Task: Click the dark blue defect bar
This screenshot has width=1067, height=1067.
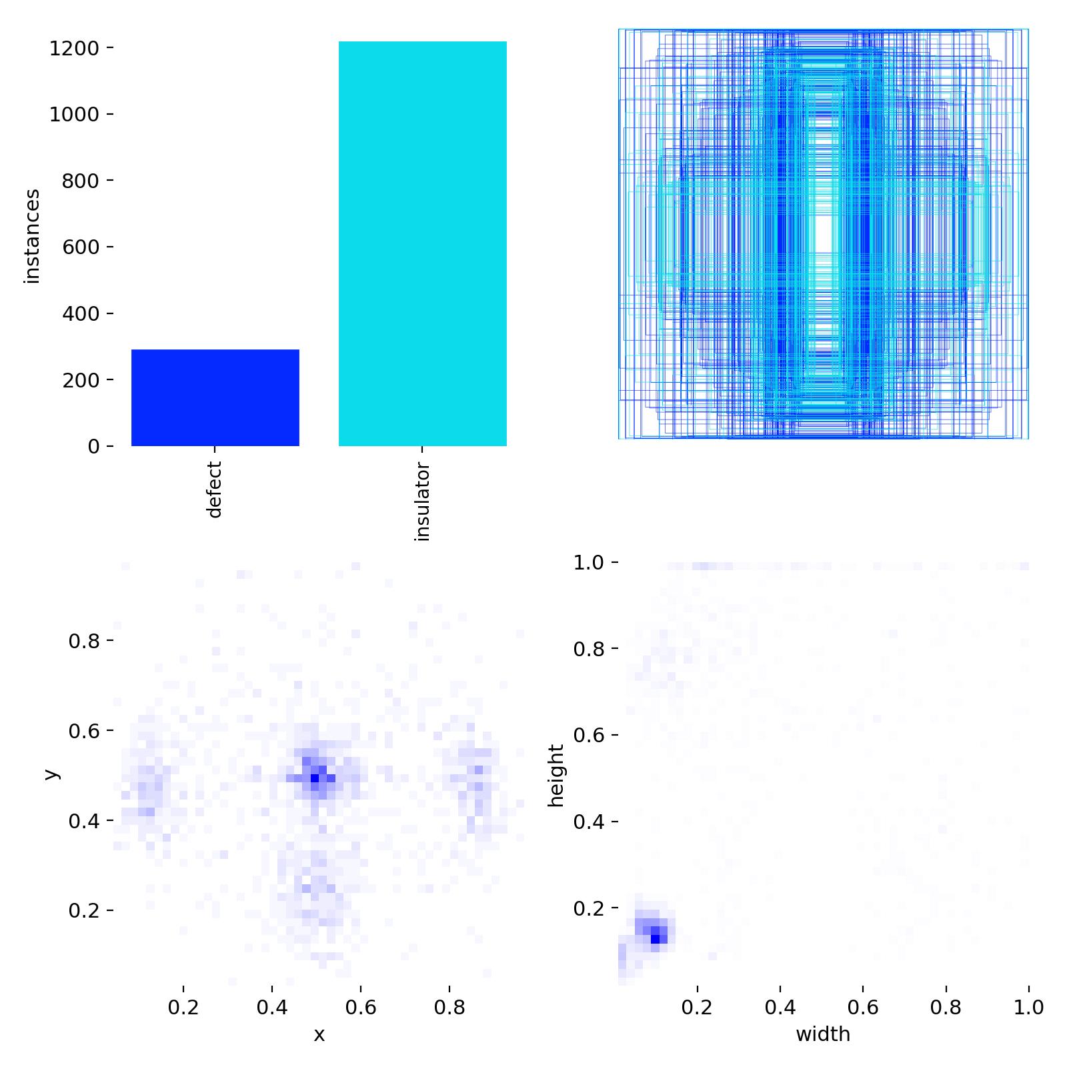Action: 215,397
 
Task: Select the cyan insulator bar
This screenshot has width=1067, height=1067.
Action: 422,243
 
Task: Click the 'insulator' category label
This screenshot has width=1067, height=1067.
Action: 422,501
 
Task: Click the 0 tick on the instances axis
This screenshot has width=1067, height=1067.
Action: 94,446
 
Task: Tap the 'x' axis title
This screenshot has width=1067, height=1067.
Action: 319,1034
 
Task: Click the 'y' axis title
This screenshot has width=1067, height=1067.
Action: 51,774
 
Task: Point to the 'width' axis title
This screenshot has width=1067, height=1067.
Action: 823,1034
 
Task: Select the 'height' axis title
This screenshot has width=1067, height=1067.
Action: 556,776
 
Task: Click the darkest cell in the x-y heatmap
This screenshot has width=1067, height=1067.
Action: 315,778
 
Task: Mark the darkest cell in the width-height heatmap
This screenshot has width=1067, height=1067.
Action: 656,938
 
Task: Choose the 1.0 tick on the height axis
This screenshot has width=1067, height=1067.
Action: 588,563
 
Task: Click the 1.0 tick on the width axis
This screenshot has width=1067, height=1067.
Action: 1028,1007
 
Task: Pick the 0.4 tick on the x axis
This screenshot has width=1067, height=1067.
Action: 272,1007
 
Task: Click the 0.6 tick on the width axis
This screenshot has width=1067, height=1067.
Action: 863,1007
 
